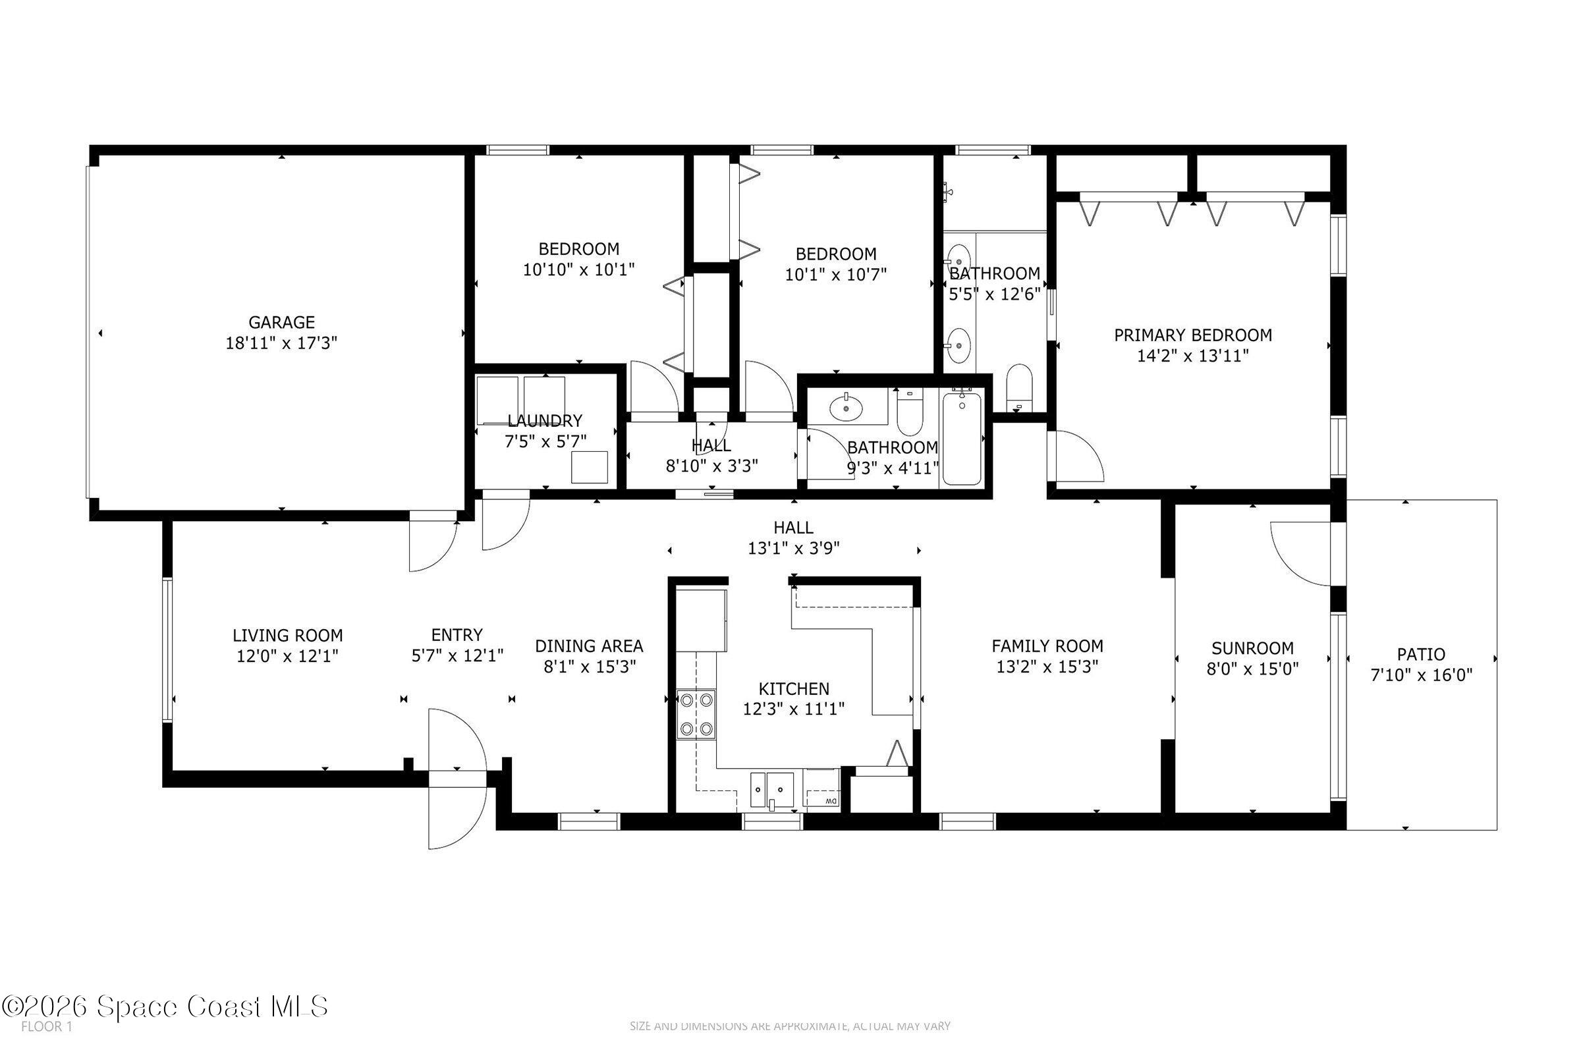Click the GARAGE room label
pos(281,322)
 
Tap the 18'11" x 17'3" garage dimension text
pos(281,343)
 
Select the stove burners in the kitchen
pos(696,714)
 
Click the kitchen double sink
pos(771,788)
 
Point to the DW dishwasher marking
pos(831,801)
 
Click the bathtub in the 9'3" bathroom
pos(962,438)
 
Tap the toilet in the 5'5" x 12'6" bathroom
pos(1019,386)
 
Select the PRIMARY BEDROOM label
pos(1192,335)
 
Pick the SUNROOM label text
pos(1252,648)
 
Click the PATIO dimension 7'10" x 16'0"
pos(1421,675)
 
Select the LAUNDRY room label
pos(545,421)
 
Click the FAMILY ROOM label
pos(1047,646)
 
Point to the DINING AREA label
pos(589,646)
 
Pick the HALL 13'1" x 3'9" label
pos(793,538)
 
